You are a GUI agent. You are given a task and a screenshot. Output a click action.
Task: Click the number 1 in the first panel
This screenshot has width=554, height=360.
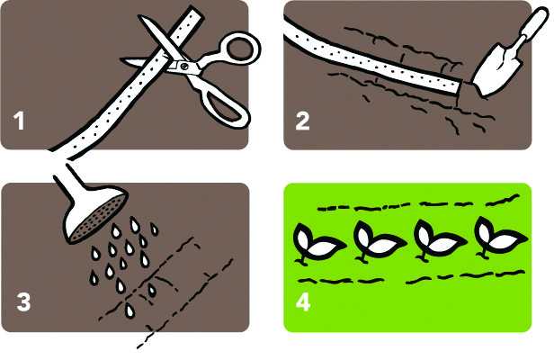(x=19, y=121)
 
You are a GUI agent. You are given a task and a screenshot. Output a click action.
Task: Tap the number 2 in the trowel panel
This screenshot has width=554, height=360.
(x=302, y=121)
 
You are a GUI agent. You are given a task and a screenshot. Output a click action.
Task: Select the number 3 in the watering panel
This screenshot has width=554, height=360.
(x=23, y=302)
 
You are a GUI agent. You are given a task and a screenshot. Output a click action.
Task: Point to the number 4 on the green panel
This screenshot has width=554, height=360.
(x=303, y=302)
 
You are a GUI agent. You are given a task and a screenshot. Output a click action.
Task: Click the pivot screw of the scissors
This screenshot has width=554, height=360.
(x=183, y=66)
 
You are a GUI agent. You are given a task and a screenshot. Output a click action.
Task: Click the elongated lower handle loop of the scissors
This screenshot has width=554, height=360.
(x=226, y=106)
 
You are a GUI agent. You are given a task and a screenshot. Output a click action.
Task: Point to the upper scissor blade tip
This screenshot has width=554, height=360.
(x=139, y=16)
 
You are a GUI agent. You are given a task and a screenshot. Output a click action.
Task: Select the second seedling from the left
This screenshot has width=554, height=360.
(x=379, y=241)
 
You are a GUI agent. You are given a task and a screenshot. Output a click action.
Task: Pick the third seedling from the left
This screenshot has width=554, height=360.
(x=439, y=240)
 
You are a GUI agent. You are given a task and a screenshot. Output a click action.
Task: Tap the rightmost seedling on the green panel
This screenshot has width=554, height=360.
(x=500, y=238)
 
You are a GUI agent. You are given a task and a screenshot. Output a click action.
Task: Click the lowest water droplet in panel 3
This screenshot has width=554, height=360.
(x=130, y=310)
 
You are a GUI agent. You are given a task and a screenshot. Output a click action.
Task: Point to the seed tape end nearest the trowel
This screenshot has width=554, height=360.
(x=460, y=87)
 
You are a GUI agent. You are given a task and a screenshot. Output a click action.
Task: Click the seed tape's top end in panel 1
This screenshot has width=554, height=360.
(x=196, y=13)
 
